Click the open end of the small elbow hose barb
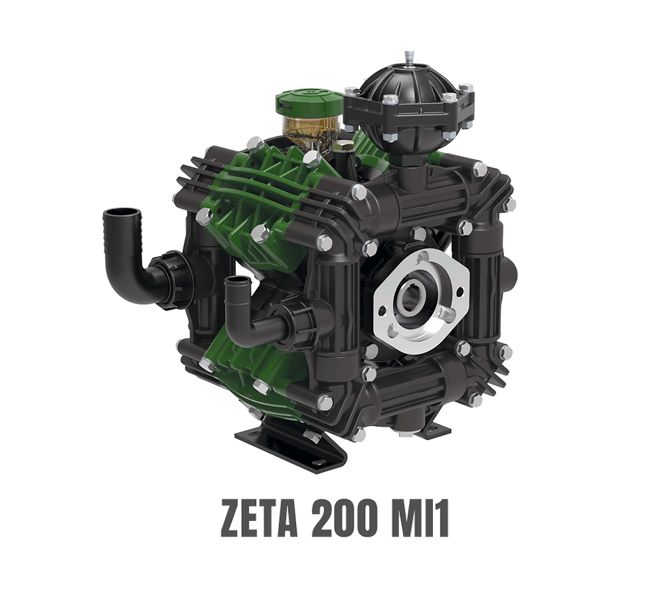tap(236, 281)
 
